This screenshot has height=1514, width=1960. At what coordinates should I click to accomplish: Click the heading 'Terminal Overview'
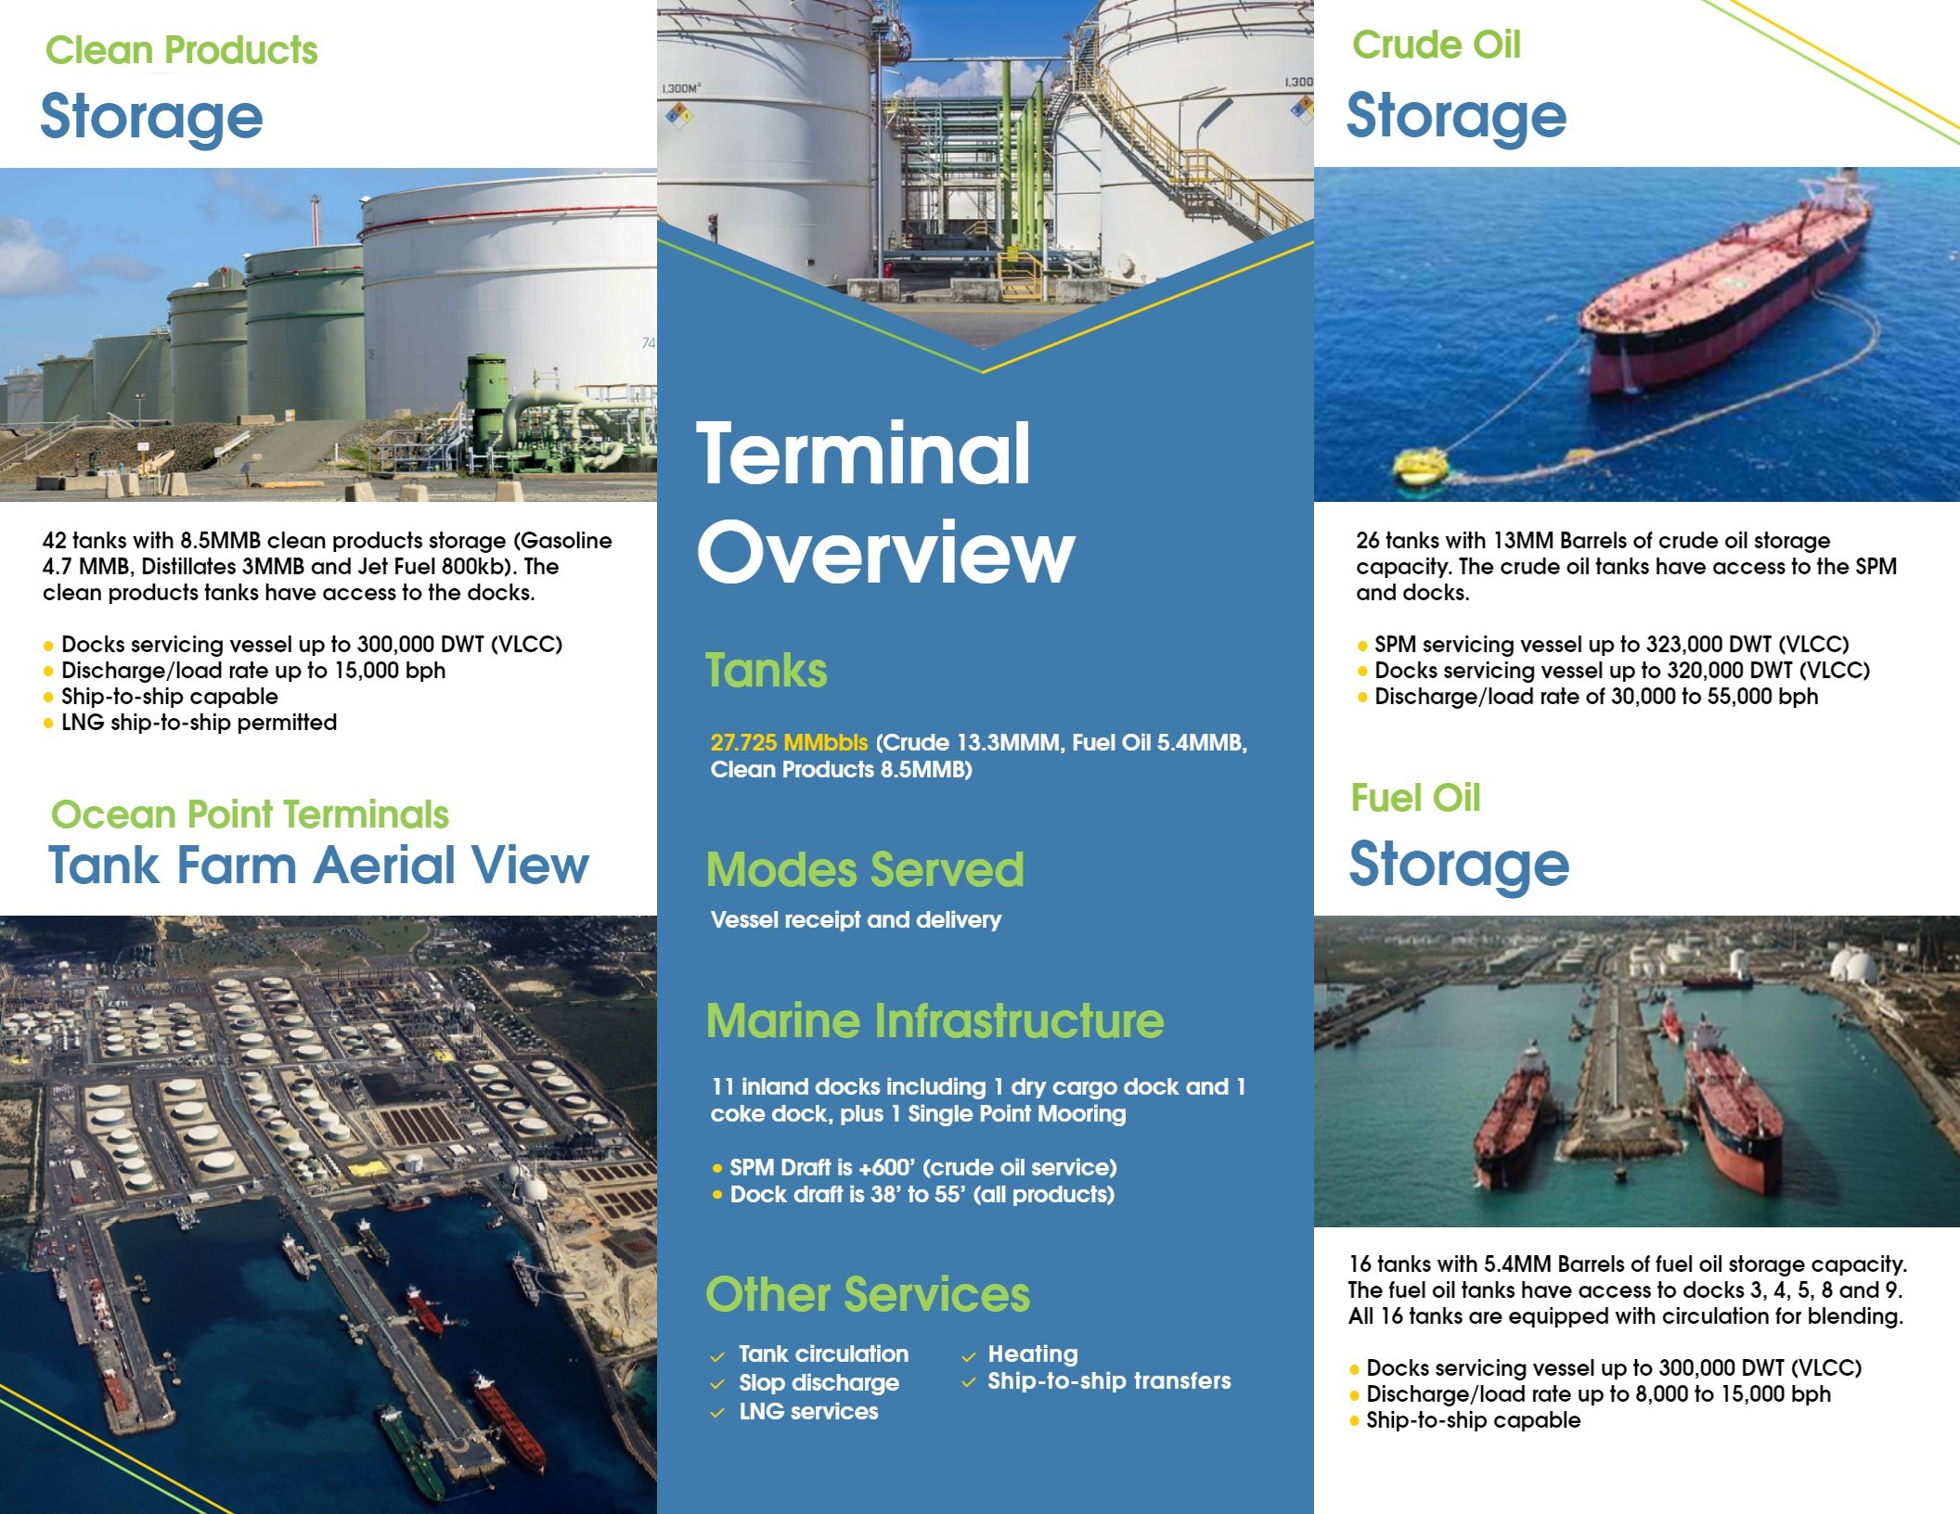pos(885,502)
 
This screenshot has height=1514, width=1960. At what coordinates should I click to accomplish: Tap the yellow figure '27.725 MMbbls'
pos(789,743)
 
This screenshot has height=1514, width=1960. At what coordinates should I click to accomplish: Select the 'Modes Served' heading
pos(865,870)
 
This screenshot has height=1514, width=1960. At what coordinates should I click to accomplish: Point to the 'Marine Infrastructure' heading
pos(935,1020)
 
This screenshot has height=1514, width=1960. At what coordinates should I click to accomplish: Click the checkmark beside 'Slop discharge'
pos(717,1384)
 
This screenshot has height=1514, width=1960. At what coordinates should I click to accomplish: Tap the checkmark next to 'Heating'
pos(969,1356)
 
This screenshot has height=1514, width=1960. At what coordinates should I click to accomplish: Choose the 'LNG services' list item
pos(808,1412)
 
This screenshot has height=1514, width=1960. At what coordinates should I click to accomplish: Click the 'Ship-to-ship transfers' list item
pos(1109,1381)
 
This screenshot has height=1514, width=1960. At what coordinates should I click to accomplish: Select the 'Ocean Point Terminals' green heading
pos(250,815)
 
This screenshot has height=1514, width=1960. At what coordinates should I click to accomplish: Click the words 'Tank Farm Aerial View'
pos(318,866)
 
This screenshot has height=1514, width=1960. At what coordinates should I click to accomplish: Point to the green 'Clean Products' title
pos(182,50)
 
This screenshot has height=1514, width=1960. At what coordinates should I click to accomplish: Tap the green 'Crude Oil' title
pos(1437,45)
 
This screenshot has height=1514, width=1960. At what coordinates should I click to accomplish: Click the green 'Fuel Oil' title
pos(1415,798)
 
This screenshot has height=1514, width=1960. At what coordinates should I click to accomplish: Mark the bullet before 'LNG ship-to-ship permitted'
pos(48,724)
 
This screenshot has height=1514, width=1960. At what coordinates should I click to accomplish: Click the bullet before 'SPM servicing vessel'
pos(1362,646)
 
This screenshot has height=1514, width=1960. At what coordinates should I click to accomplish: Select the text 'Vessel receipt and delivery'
pos(856,920)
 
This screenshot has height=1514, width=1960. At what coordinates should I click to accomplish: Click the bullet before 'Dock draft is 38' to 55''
pos(717,1195)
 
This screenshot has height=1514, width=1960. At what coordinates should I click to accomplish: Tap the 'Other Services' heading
pos(868,1295)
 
